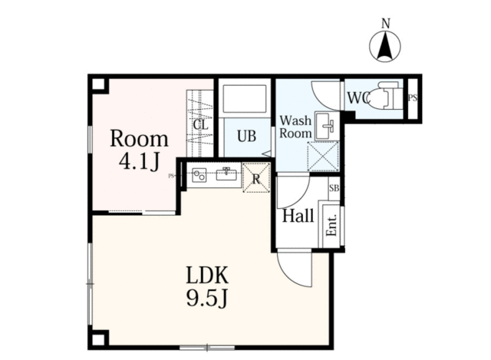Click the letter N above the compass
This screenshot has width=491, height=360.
[385, 24]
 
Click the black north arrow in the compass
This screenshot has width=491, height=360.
[385, 46]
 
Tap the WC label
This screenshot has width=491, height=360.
[359, 98]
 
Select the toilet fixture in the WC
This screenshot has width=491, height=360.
[385, 95]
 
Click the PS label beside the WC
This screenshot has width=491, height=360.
[413, 98]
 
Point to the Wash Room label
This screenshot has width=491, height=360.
[295, 127]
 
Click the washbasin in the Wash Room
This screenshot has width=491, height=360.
[325, 126]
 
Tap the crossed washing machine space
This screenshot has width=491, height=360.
[323, 156]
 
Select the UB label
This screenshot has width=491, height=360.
[246, 137]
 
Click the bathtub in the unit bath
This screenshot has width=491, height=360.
[244, 98]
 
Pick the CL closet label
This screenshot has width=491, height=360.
[201, 125]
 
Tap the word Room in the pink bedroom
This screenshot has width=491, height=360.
[139, 139]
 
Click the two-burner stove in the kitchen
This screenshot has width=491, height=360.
[199, 175]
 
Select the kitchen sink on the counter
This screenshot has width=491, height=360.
[226, 174]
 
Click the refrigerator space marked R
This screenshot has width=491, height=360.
[256, 177]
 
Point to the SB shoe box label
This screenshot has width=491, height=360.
[334, 188]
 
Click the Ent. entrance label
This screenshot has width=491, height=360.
[331, 225]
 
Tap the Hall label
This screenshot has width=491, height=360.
[298, 216]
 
